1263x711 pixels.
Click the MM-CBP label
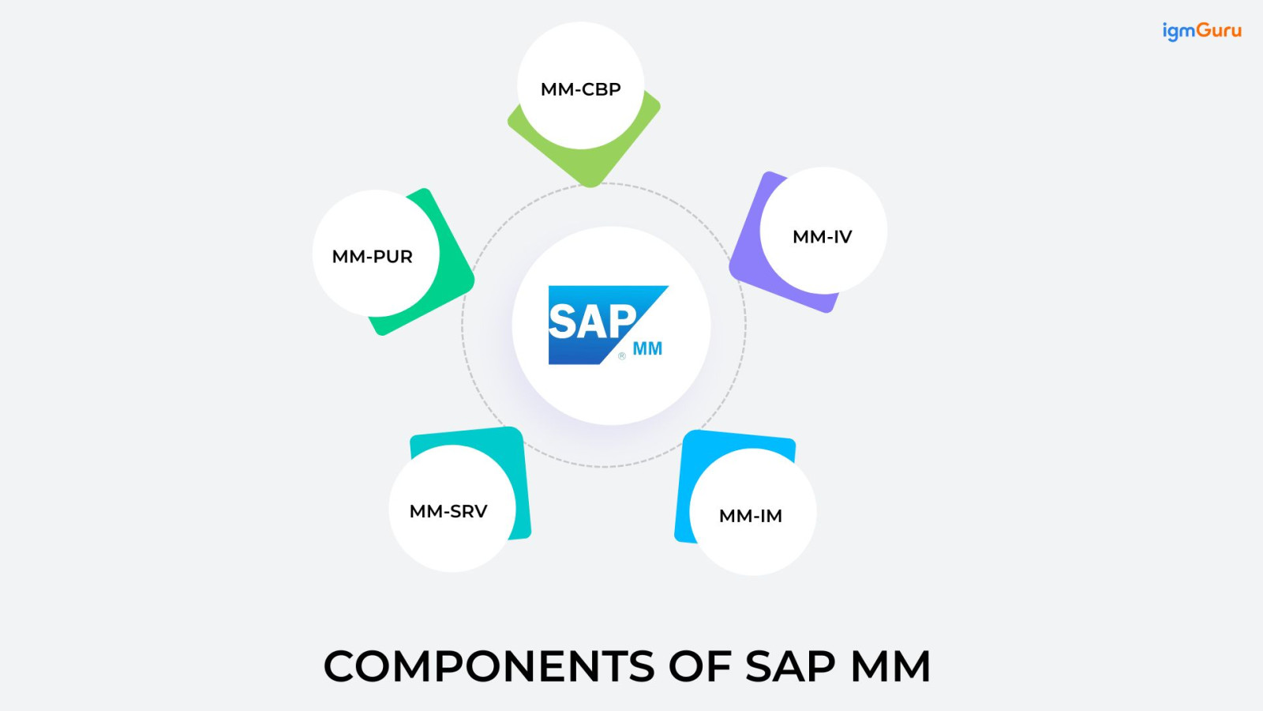point(580,89)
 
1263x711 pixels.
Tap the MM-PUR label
point(372,257)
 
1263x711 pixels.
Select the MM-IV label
point(822,237)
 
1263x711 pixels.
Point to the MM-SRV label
point(448,511)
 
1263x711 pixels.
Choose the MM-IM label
point(750,516)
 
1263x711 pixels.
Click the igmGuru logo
point(1201,31)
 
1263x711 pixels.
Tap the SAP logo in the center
point(600,324)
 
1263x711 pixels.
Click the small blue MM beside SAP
point(647,348)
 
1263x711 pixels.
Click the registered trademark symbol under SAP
point(622,356)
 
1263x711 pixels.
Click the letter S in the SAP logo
point(561,322)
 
